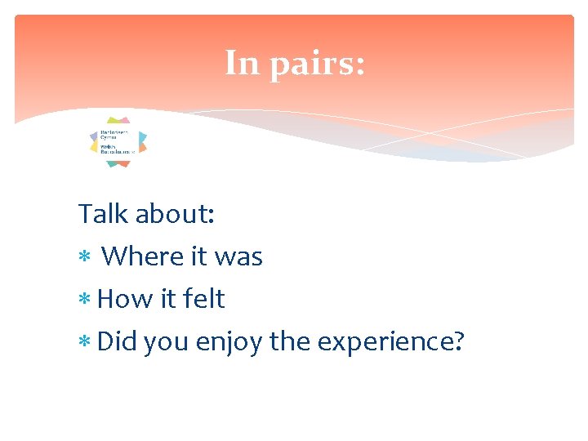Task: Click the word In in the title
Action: pos(242,64)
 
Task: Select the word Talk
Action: pos(103,214)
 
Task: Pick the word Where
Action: pos(142,256)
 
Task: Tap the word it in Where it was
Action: pos(198,256)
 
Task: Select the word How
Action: pos(123,299)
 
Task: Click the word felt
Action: pos(203,299)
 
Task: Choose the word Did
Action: pos(117,341)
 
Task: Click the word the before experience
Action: pos(289,341)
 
